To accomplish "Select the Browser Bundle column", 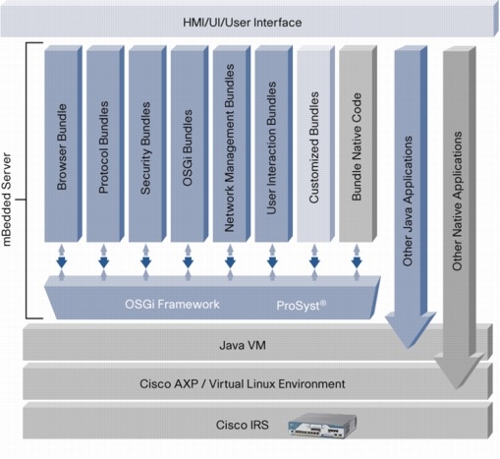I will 61,143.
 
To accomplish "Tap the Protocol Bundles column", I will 103,143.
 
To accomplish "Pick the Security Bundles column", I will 145,143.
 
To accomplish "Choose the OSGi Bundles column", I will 188,143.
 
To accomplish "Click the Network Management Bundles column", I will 230,143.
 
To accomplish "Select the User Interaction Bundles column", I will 272,143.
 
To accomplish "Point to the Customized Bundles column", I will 314,143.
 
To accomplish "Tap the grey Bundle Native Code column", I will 357,143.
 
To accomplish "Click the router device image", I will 317,425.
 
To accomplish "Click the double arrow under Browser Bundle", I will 61,263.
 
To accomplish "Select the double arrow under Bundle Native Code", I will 357,263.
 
